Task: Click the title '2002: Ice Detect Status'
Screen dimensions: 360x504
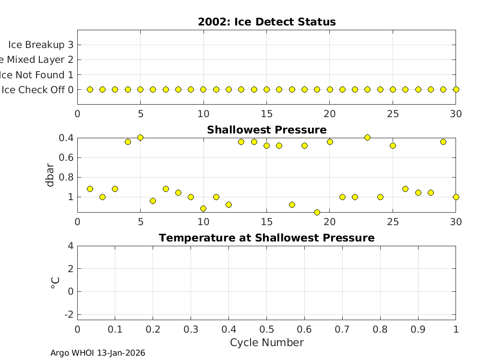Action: pos(266,22)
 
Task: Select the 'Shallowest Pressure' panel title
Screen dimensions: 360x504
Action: pos(266,130)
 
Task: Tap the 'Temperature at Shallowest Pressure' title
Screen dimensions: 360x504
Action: pos(266,238)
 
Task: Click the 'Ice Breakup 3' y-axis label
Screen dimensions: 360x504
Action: pos(40,45)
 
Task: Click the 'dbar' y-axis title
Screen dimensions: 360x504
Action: pos(50,175)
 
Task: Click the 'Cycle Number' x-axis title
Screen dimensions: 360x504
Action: pos(266,343)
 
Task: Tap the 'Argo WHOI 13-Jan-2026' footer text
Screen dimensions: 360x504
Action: pos(98,353)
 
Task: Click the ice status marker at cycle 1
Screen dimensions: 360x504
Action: pos(90,89)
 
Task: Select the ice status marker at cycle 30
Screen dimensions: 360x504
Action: pos(456,89)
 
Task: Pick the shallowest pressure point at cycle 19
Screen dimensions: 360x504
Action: pos(317,212)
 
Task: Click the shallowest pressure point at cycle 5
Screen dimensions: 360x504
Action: pos(140,137)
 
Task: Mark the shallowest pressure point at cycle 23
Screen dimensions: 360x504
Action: pos(367,137)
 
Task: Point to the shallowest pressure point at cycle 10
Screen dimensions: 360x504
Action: pos(203,208)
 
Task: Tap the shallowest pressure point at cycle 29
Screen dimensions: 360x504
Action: pos(443,142)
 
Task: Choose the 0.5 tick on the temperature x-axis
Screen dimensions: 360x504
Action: pos(266,329)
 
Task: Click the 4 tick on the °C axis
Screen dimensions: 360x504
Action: pos(71,246)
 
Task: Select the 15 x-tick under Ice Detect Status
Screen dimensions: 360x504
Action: pos(266,114)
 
